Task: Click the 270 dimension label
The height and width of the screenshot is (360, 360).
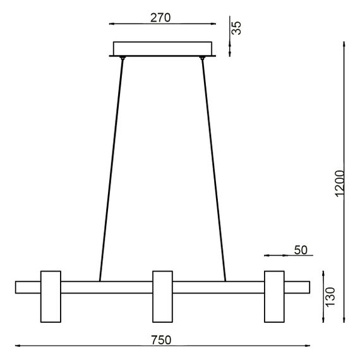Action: pos(161,18)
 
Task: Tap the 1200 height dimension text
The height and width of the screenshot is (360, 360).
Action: pos(339,183)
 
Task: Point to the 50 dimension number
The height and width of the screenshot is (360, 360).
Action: pos(300,250)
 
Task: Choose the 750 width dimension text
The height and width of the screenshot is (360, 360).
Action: pos(161,340)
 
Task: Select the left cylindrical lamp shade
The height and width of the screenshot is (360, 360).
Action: pos(51,295)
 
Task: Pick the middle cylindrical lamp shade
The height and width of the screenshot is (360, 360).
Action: pos(162,295)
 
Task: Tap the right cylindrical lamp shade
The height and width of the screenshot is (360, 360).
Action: pos(274,295)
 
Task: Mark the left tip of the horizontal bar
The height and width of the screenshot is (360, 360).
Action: pos(17,287)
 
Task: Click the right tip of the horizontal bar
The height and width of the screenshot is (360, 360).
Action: pos(308,287)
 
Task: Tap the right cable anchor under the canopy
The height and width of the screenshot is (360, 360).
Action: pos(203,59)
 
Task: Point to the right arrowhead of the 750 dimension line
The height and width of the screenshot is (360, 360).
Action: pos(308,346)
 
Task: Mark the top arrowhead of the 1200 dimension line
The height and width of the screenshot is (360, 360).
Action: pos(344,44)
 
